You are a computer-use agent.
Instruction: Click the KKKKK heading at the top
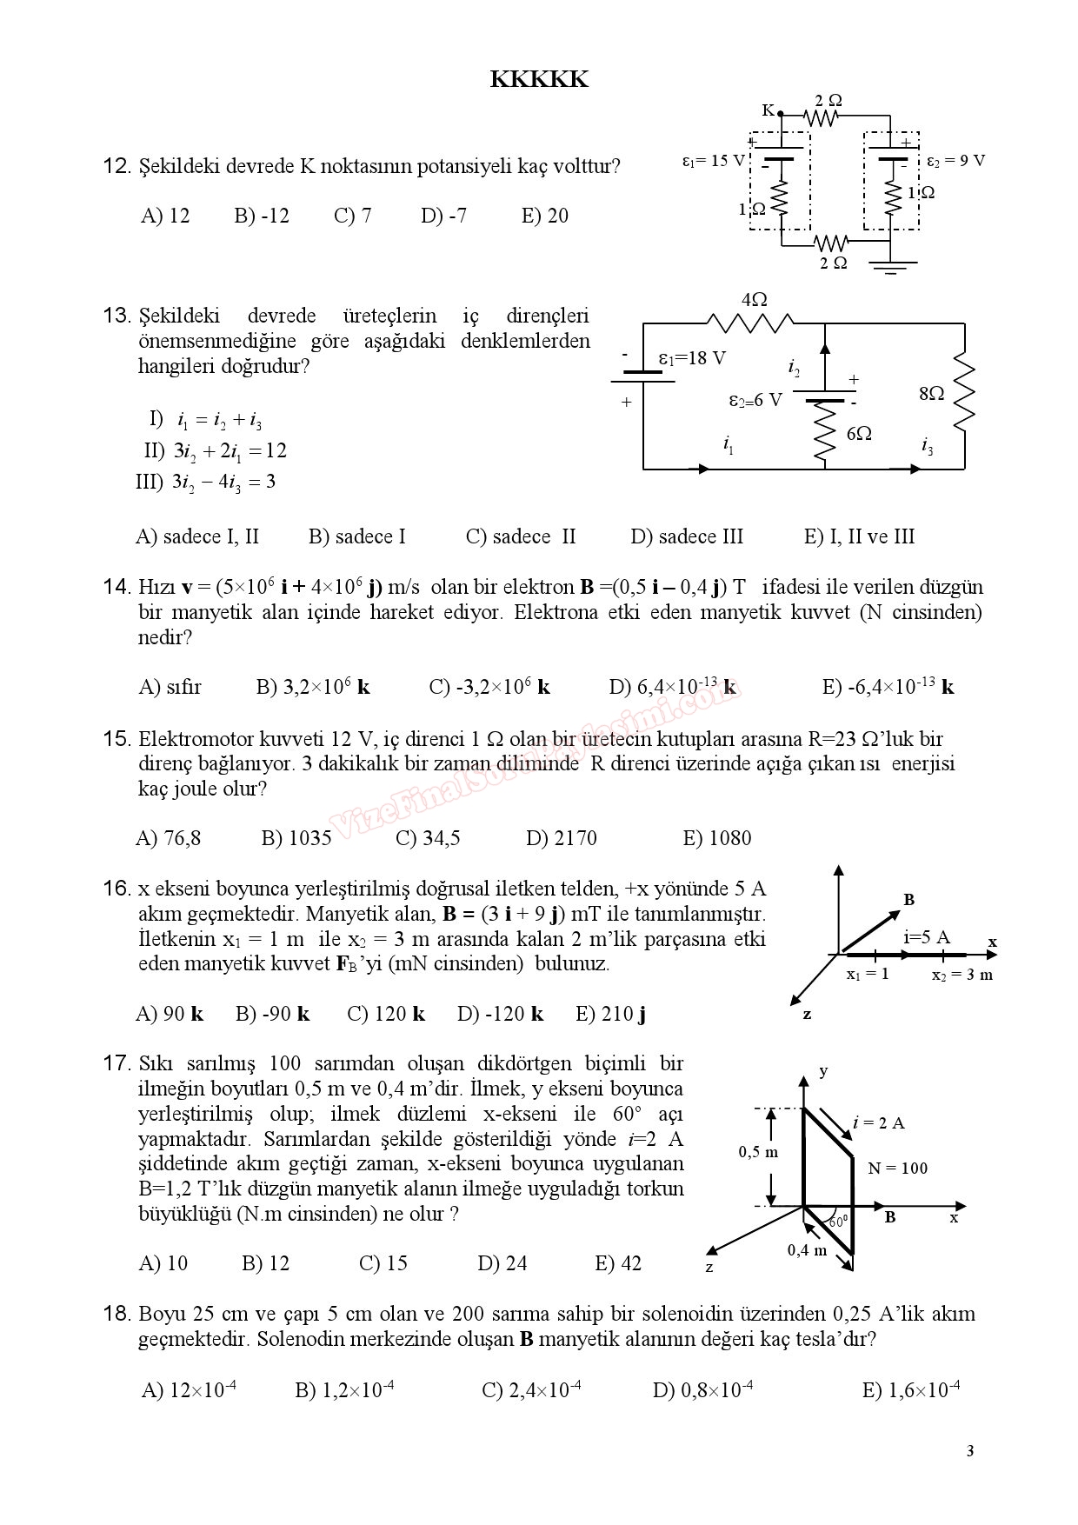pos(539,80)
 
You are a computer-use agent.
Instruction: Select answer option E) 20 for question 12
pos(544,216)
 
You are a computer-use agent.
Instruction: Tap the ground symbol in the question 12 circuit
pos(889,266)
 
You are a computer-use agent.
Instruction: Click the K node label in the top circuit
pos(768,110)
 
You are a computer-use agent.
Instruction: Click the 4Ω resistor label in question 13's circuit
pos(754,300)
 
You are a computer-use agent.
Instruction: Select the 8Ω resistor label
pos(931,394)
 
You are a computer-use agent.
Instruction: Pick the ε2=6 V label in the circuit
pos(755,400)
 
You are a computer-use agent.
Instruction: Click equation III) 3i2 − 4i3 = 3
pos(206,483)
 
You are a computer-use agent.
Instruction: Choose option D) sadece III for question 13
pos(687,536)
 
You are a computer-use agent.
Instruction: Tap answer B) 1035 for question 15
pos(296,838)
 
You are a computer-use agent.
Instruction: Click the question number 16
pos(116,889)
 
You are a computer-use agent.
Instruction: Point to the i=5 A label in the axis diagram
pos(927,937)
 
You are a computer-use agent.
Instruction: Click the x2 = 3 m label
pos(962,975)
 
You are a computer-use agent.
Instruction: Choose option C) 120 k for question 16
pos(386,1014)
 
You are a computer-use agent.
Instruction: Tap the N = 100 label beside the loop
pos(897,1169)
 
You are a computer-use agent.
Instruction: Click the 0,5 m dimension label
pos(758,1152)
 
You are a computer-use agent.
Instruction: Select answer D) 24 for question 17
pos(502,1263)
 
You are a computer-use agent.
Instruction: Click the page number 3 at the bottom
pos(969,1451)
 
